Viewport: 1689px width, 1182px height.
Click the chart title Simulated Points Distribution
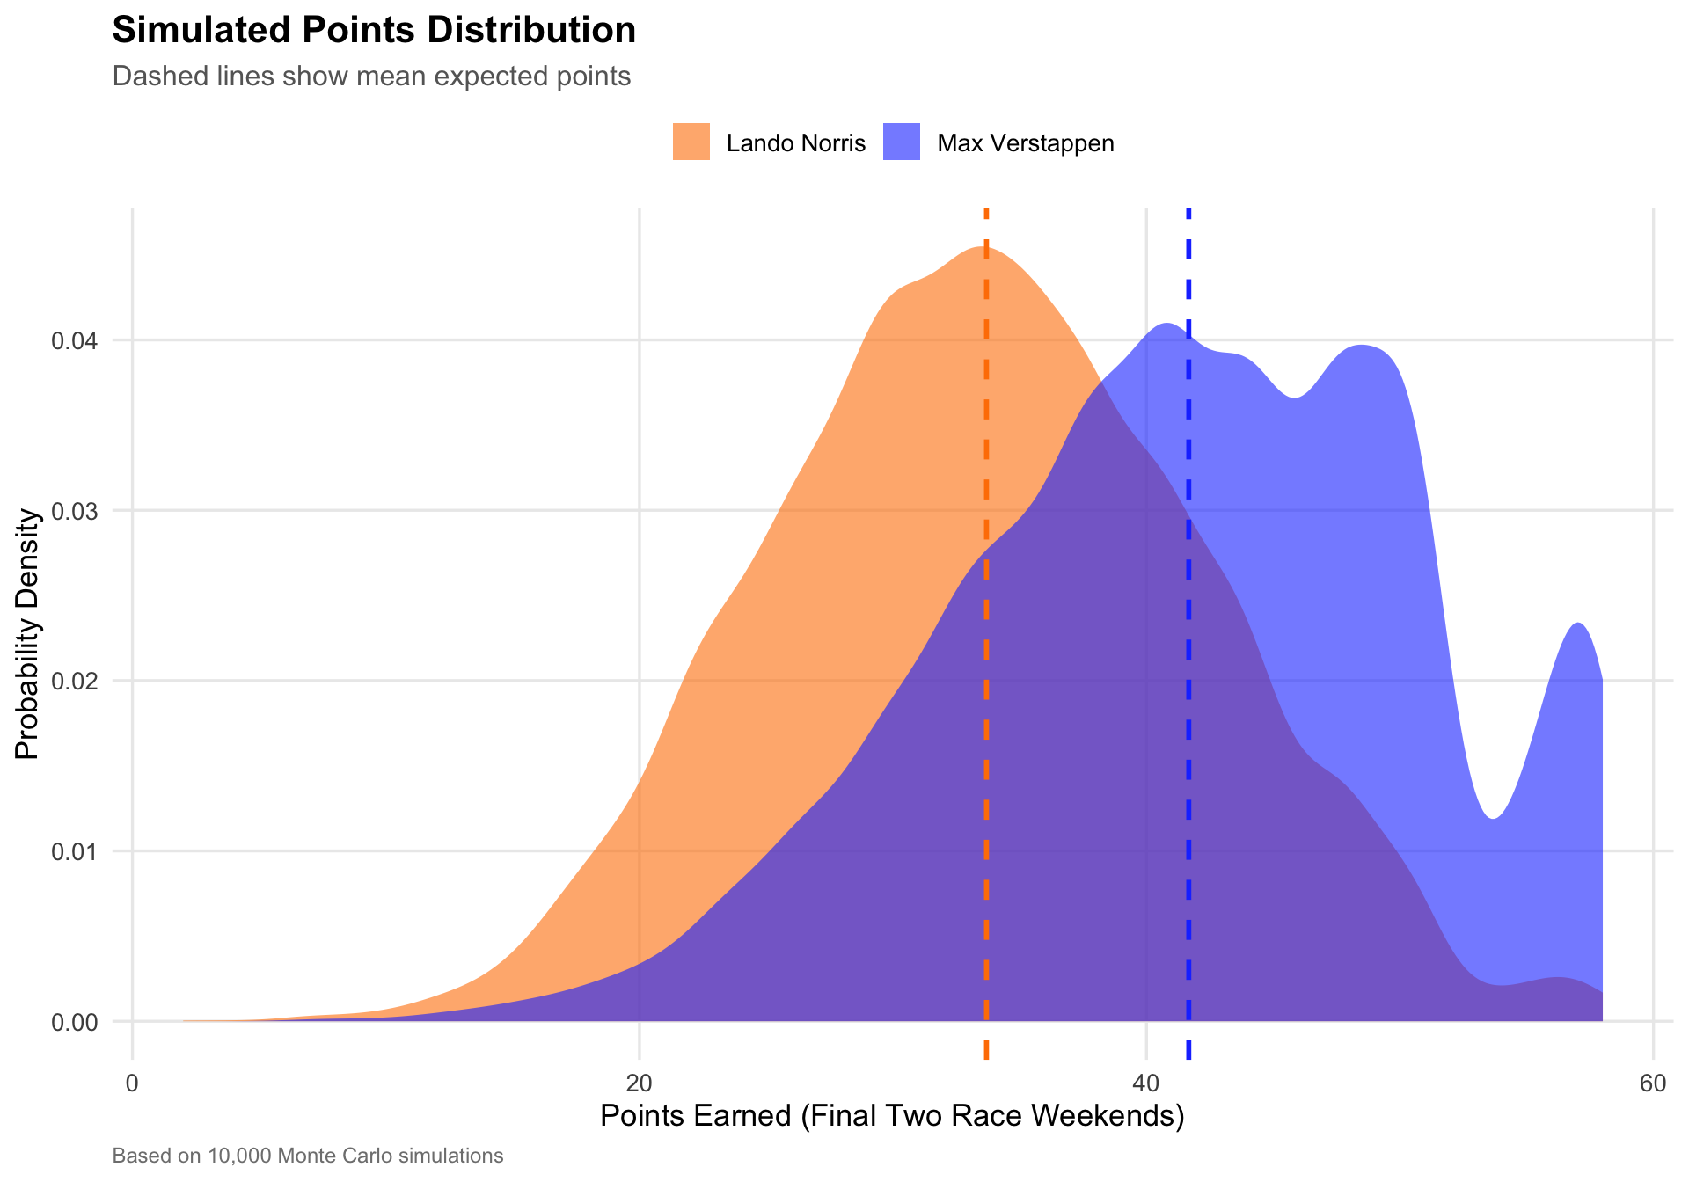(374, 31)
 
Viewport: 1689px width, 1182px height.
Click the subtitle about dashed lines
(371, 77)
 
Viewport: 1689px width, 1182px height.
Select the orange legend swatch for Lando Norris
(691, 142)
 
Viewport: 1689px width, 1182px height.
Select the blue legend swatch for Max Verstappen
(902, 142)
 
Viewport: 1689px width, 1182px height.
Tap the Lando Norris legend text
(795, 143)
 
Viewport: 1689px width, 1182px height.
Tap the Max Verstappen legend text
(1025, 143)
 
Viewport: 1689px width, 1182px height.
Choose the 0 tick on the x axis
(133, 1083)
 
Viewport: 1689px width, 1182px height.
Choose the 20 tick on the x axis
(640, 1083)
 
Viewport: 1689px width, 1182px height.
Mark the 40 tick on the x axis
(1146, 1083)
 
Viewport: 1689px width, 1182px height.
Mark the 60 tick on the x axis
(1653, 1083)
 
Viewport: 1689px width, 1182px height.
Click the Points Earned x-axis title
(892, 1116)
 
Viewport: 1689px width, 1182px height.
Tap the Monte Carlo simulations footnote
(308, 1156)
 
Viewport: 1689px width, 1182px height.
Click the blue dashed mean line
(1188, 704)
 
